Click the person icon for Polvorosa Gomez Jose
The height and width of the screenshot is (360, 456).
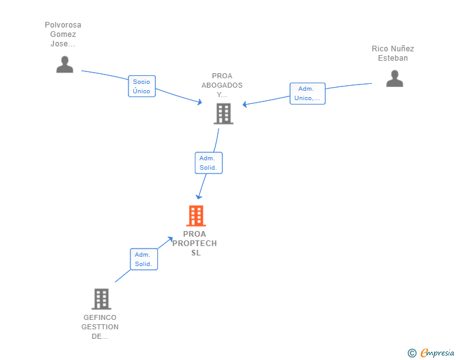pyautogui.click(x=65, y=64)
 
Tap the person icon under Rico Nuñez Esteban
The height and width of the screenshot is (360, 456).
pyautogui.click(x=394, y=78)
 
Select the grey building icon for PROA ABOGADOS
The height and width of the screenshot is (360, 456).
pyautogui.click(x=223, y=114)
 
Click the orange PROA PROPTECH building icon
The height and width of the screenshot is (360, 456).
pyautogui.click(x=196, y=216)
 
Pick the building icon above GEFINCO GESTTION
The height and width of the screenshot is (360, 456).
pyautogui.click(x=101, y=299)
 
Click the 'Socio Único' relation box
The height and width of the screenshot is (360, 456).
pyautogui.click(x=142, y=86)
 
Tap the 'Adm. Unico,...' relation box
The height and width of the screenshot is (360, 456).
pyautogui.click(x=307, y=93)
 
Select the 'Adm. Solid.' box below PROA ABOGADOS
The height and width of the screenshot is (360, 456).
pyautogui.click(x=208, y=163)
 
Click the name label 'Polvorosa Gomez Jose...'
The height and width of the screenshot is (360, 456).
pyautogui.click(x=63, y=34)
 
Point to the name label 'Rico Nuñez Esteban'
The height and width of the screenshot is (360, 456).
pyautogui.click(x=393, y=53)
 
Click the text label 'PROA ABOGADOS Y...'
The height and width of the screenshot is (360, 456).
pyautogui.click(x=222, y=85)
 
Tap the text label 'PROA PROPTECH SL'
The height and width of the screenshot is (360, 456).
pyautogui.click(x=194, y=244)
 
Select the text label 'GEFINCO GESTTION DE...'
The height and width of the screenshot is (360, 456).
pyautogui.click(x=100, y=327)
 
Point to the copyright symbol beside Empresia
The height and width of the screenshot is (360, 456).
pyautogui.click(x=412, y=353)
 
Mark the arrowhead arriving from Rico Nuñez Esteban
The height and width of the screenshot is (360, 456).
pyautogui.click(x=245, y=105)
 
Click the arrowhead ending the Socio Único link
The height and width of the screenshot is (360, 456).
pyautogui.click(x=199, y=101)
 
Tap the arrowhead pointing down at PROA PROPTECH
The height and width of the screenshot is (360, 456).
pyautogui.click(x=199, y=197)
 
